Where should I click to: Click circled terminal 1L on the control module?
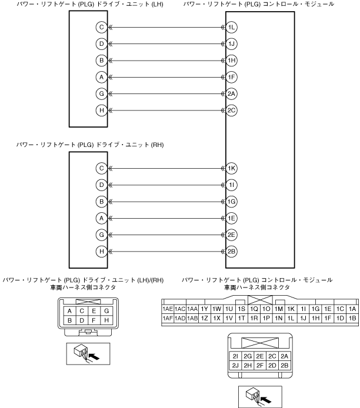(x=232, y=27)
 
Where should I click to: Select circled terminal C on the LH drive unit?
(x=102, y=27)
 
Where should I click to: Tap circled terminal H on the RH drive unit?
(x=102, y=252)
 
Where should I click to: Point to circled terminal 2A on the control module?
(x=232, y=93)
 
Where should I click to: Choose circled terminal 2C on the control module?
(x=232, y=110)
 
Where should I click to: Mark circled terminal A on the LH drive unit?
(x=102, y=77)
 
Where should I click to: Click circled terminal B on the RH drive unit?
(x=102, y=202)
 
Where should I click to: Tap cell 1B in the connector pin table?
(x=352, y=318)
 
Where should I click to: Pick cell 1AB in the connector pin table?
(x=192, y=318)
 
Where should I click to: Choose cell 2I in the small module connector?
(x=235, y=356)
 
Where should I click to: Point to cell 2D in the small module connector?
(x=272, y=365)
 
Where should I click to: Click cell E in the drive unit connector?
(x=94, y=310)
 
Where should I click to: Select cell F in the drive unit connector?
(x=94, y=320)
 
